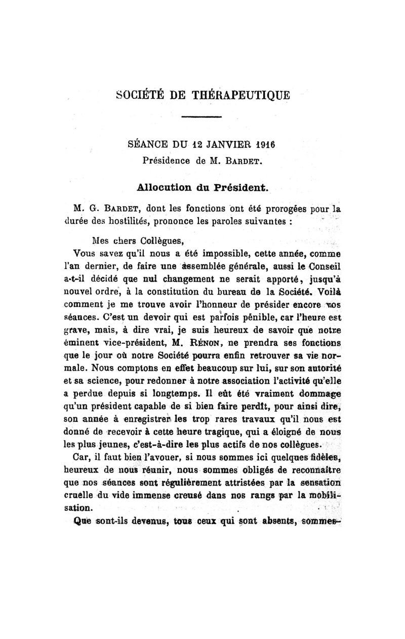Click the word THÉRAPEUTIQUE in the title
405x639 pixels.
[241, 95]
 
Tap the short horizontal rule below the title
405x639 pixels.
[202, 119]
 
